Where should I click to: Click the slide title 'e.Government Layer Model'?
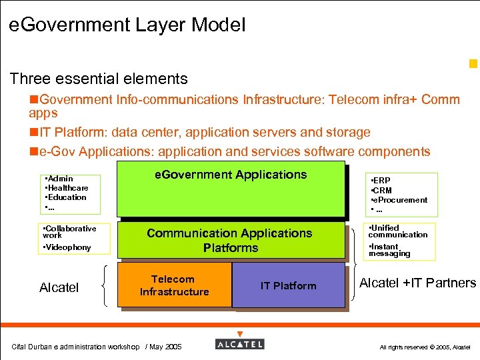pos(127,26)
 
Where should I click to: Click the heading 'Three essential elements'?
pos(99,79)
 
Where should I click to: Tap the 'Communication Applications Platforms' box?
pos(230,241)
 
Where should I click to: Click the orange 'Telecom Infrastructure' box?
pos(174,285)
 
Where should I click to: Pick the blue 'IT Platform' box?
pos(288,285)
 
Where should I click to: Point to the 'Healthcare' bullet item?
pos(67,188)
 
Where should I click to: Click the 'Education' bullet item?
pos(67,197)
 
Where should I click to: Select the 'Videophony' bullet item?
pos(68,248)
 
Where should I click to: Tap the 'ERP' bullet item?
pos(383,181)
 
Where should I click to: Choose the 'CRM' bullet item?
pos(383,191)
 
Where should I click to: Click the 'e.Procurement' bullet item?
pos(401,200)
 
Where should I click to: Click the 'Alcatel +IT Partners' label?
pos(417,283)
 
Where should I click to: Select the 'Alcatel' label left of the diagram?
pos(59,288)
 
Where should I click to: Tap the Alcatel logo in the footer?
pos(240,344)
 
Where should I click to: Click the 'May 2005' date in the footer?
pos(164,347)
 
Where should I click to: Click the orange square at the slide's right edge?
pos(473,65)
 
